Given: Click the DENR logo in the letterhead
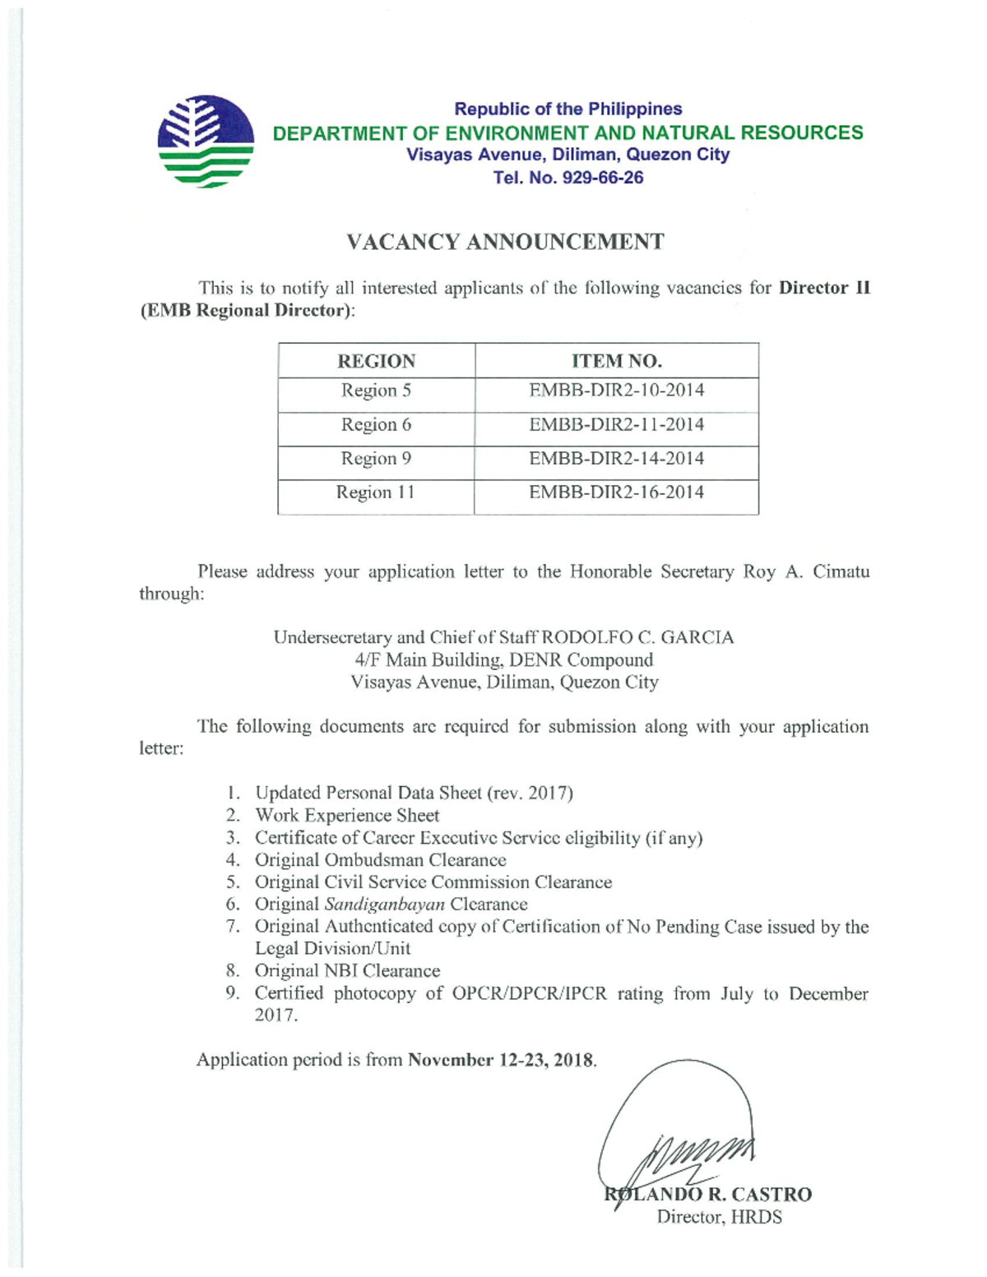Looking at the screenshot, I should pos(206,141).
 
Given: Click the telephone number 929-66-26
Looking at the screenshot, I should pos(602,178).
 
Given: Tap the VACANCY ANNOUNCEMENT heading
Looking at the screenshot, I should pos(504,242).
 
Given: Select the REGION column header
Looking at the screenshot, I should pos(376,361).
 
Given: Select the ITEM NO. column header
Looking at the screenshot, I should pos(616,361).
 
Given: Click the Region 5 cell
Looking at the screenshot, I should pos(376,391).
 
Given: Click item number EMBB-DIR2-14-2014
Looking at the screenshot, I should pos(616,458).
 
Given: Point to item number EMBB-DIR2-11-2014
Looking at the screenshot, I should pos(616,424).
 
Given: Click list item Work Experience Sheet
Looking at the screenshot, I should pos(347,815).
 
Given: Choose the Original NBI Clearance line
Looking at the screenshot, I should pos(347,971).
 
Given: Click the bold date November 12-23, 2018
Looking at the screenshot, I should pos(501,1060).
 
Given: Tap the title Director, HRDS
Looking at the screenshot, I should pos(719,1217).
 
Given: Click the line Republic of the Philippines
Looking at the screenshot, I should pos(568,109).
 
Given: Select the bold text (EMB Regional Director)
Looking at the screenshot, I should pos(245,311).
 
